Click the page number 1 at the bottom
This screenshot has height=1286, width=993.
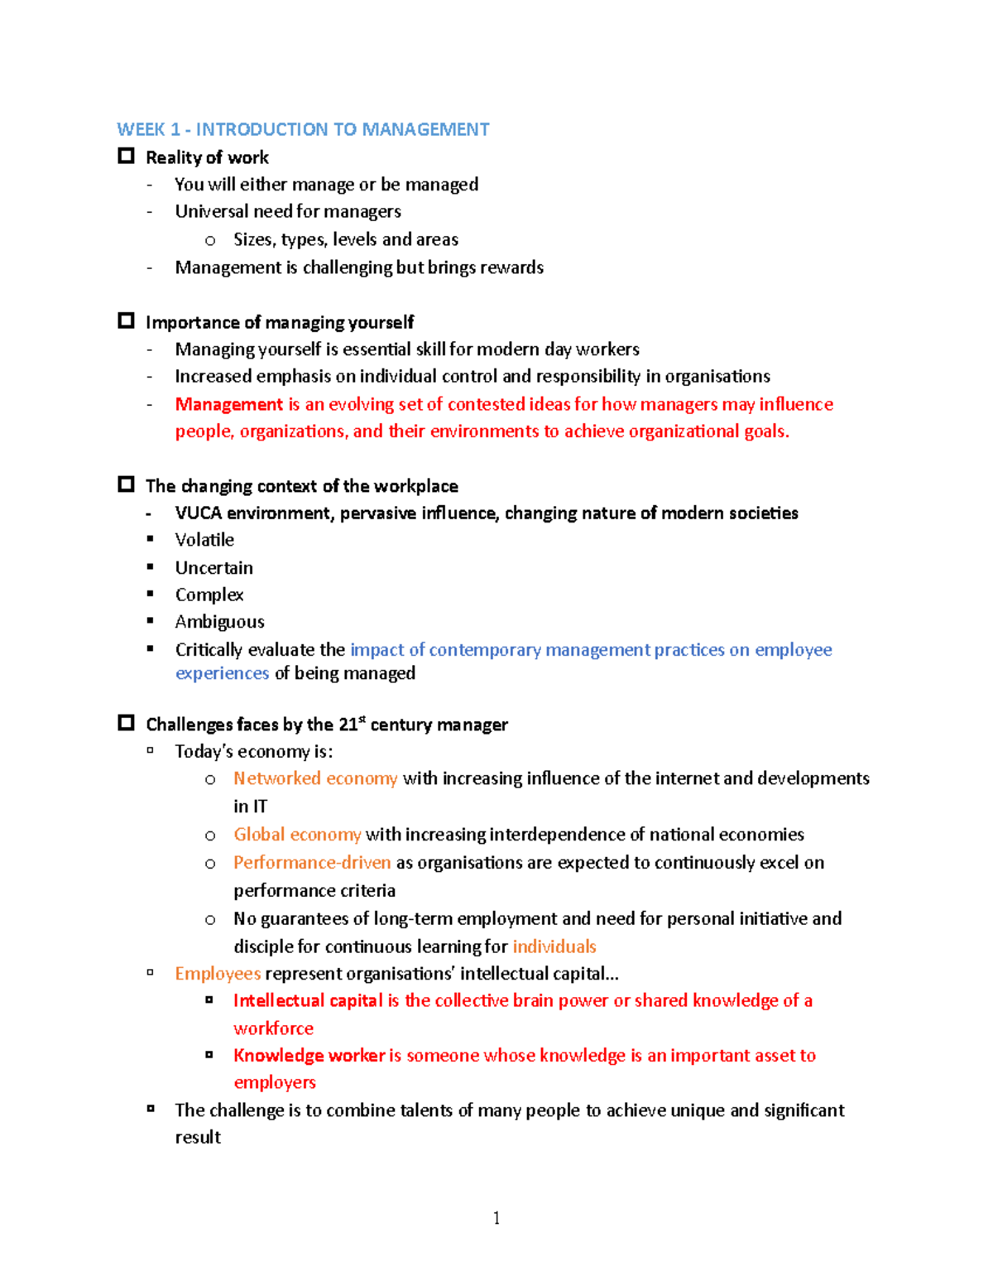[496, 1217]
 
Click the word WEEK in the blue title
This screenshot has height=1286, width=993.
[141, 129]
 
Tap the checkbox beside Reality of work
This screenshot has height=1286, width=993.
[126, 156]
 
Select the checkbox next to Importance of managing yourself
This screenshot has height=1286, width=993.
[126, 320]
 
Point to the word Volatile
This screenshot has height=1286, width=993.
[204, 540]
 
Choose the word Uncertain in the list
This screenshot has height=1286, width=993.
[213, 568]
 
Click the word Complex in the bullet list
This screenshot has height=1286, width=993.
[209, 595]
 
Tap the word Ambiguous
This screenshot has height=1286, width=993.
[219, 622]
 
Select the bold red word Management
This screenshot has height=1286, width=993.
[228, 404]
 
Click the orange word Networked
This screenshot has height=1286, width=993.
[276, 778]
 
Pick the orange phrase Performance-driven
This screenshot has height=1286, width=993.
[312, 863]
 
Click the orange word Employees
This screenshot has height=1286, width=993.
[218, 974]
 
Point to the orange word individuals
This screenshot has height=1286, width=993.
[554, 946]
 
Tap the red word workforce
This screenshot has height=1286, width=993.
[273, 1028]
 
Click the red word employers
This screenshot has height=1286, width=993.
[275, 1082]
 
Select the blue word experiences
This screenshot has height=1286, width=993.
[222, 673]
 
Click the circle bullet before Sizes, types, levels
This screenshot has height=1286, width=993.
[210, 241]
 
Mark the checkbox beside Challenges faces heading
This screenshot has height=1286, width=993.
[126, 723]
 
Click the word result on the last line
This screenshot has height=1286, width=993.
[198, 1138]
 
